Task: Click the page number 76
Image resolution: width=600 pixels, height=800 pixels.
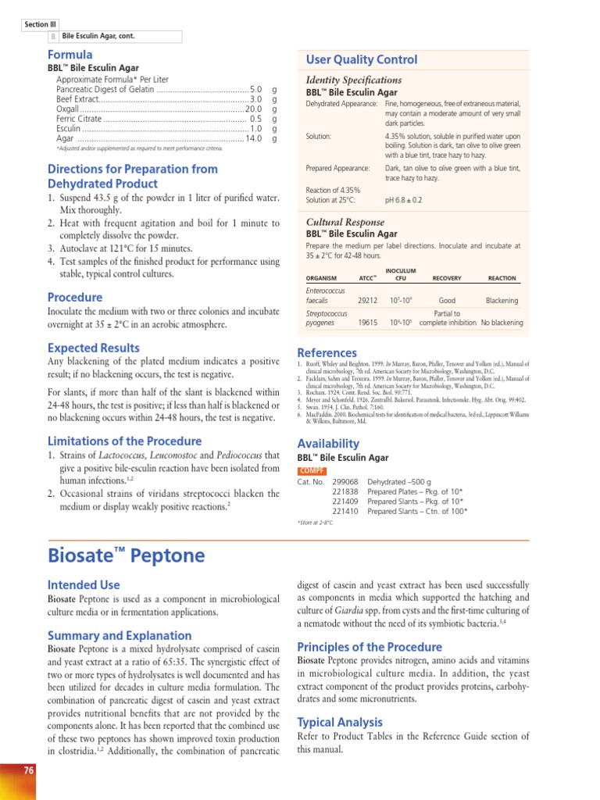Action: (29, 770)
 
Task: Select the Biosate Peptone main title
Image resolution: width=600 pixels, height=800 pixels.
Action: (127, 555)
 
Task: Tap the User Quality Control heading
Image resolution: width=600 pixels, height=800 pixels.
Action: (362, 60)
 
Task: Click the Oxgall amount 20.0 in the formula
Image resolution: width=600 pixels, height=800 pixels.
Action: (253, 109)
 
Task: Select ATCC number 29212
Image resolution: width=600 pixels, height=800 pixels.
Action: (367, 299)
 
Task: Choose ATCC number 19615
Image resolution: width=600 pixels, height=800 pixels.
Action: (367, 322)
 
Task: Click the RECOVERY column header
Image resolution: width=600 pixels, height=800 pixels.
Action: (447, 278)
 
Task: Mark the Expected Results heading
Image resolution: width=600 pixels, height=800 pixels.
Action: (94, 348)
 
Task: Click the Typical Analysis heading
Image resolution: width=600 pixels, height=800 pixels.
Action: (340, 722)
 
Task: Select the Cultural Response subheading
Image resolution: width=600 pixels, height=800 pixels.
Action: (345, 222)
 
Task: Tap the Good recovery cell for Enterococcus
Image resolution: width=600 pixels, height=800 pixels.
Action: (447, 300)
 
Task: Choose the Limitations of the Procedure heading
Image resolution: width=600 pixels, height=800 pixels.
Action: (124, 441)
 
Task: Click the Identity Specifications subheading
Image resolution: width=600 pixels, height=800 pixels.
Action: (354, 80)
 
